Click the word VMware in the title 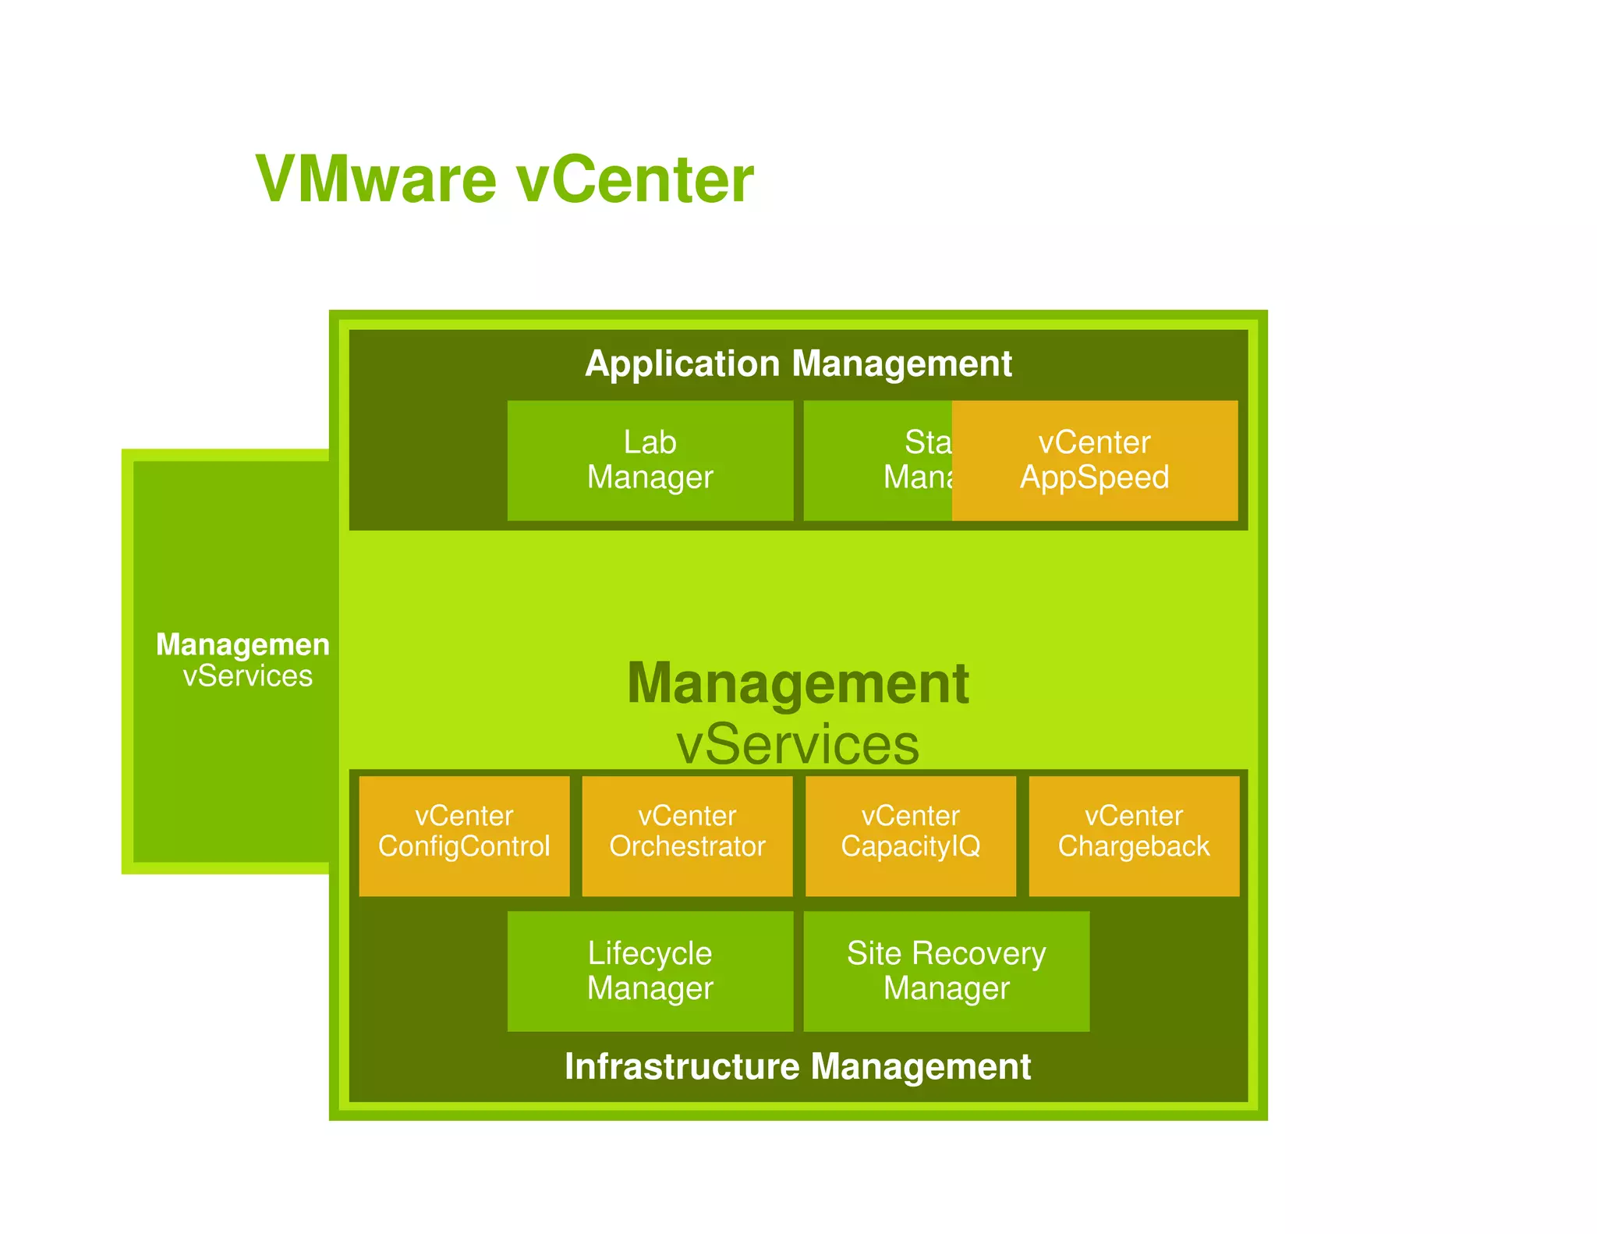[x=376, y=179]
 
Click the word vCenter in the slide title [x=635, y=179]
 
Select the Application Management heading [x=798, y=363]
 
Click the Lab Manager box [x=650, y=460]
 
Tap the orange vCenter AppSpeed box [x=1094, y=460]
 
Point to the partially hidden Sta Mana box [x=877, y=460]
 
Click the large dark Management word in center [x=798, y=683]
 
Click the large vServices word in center [x=798, y=744]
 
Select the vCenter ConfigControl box [x=464, y=835]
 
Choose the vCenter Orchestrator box [x=687, y=835]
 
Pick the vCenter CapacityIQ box [x=910, y=835]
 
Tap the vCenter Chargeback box [x=1134, y=835]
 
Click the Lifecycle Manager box [x=650, y=970]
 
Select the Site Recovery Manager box [x=946, y=970]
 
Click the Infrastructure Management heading [x=798, y=1066]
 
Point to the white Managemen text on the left [x=243, y=644]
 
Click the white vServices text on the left [x=247, y=676]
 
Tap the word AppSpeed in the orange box [x=1094, y=477]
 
